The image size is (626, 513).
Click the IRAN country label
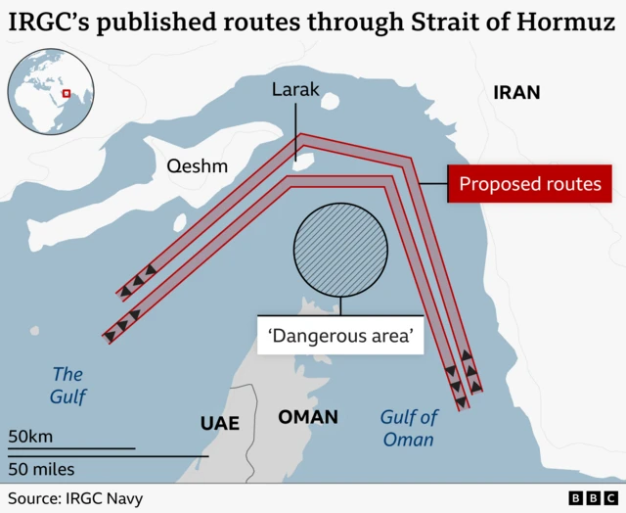click(x=516, y=93)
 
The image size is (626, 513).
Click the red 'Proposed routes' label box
click(x=530, y=184)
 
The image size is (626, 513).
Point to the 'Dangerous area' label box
click(x=340, y=336)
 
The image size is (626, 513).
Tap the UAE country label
click(x=219, y=423)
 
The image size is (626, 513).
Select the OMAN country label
click(x=308, y=417)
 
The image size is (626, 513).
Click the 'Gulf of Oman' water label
click(x=408, y=429)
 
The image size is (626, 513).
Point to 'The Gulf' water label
click(x=68, y=385)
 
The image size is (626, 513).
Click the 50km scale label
click(x=31, y=436)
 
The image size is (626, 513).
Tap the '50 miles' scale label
click(x=41, y=469)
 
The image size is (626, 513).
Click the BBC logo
click(x=592, y=499)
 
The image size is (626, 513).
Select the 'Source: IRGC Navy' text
click(x=75, y=498)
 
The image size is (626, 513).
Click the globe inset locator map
click(x=50, y=95)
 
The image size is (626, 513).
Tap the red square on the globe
click(x=66, y=94)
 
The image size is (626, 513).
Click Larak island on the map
click(x=303, y=158)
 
